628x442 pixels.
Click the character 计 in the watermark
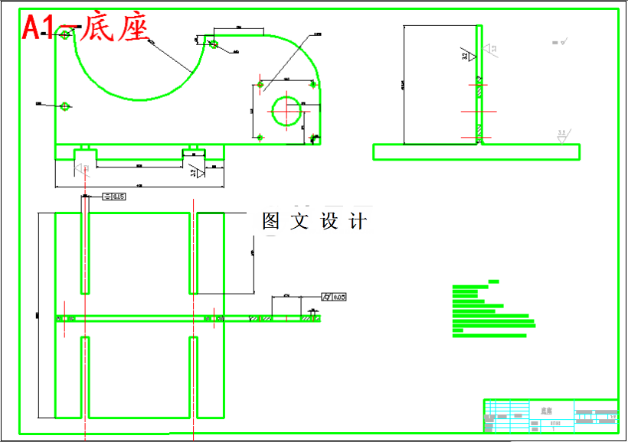[358, 222]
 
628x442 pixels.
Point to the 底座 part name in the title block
[546, 411]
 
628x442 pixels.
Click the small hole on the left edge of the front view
[66, 106]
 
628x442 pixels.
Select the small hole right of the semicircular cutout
[214, 44]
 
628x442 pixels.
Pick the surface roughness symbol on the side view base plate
[562, 136]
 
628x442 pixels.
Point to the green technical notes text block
[490, 310]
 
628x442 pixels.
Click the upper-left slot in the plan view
[85, 253]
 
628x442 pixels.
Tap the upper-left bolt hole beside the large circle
[260, 85]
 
